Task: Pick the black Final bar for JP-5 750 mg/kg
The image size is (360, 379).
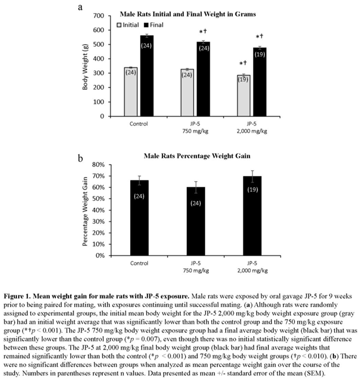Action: pos(203,79)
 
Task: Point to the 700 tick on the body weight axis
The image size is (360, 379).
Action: pos(101,15)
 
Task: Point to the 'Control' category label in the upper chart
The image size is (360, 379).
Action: pos(139,123)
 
